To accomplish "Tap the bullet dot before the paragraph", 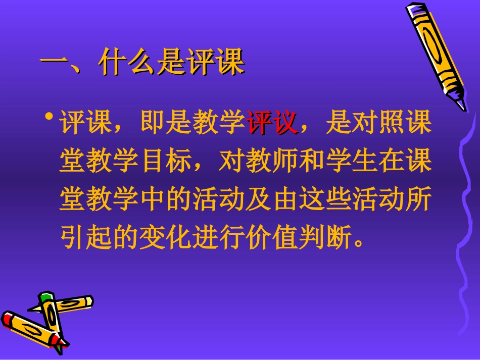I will [49, 118].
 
